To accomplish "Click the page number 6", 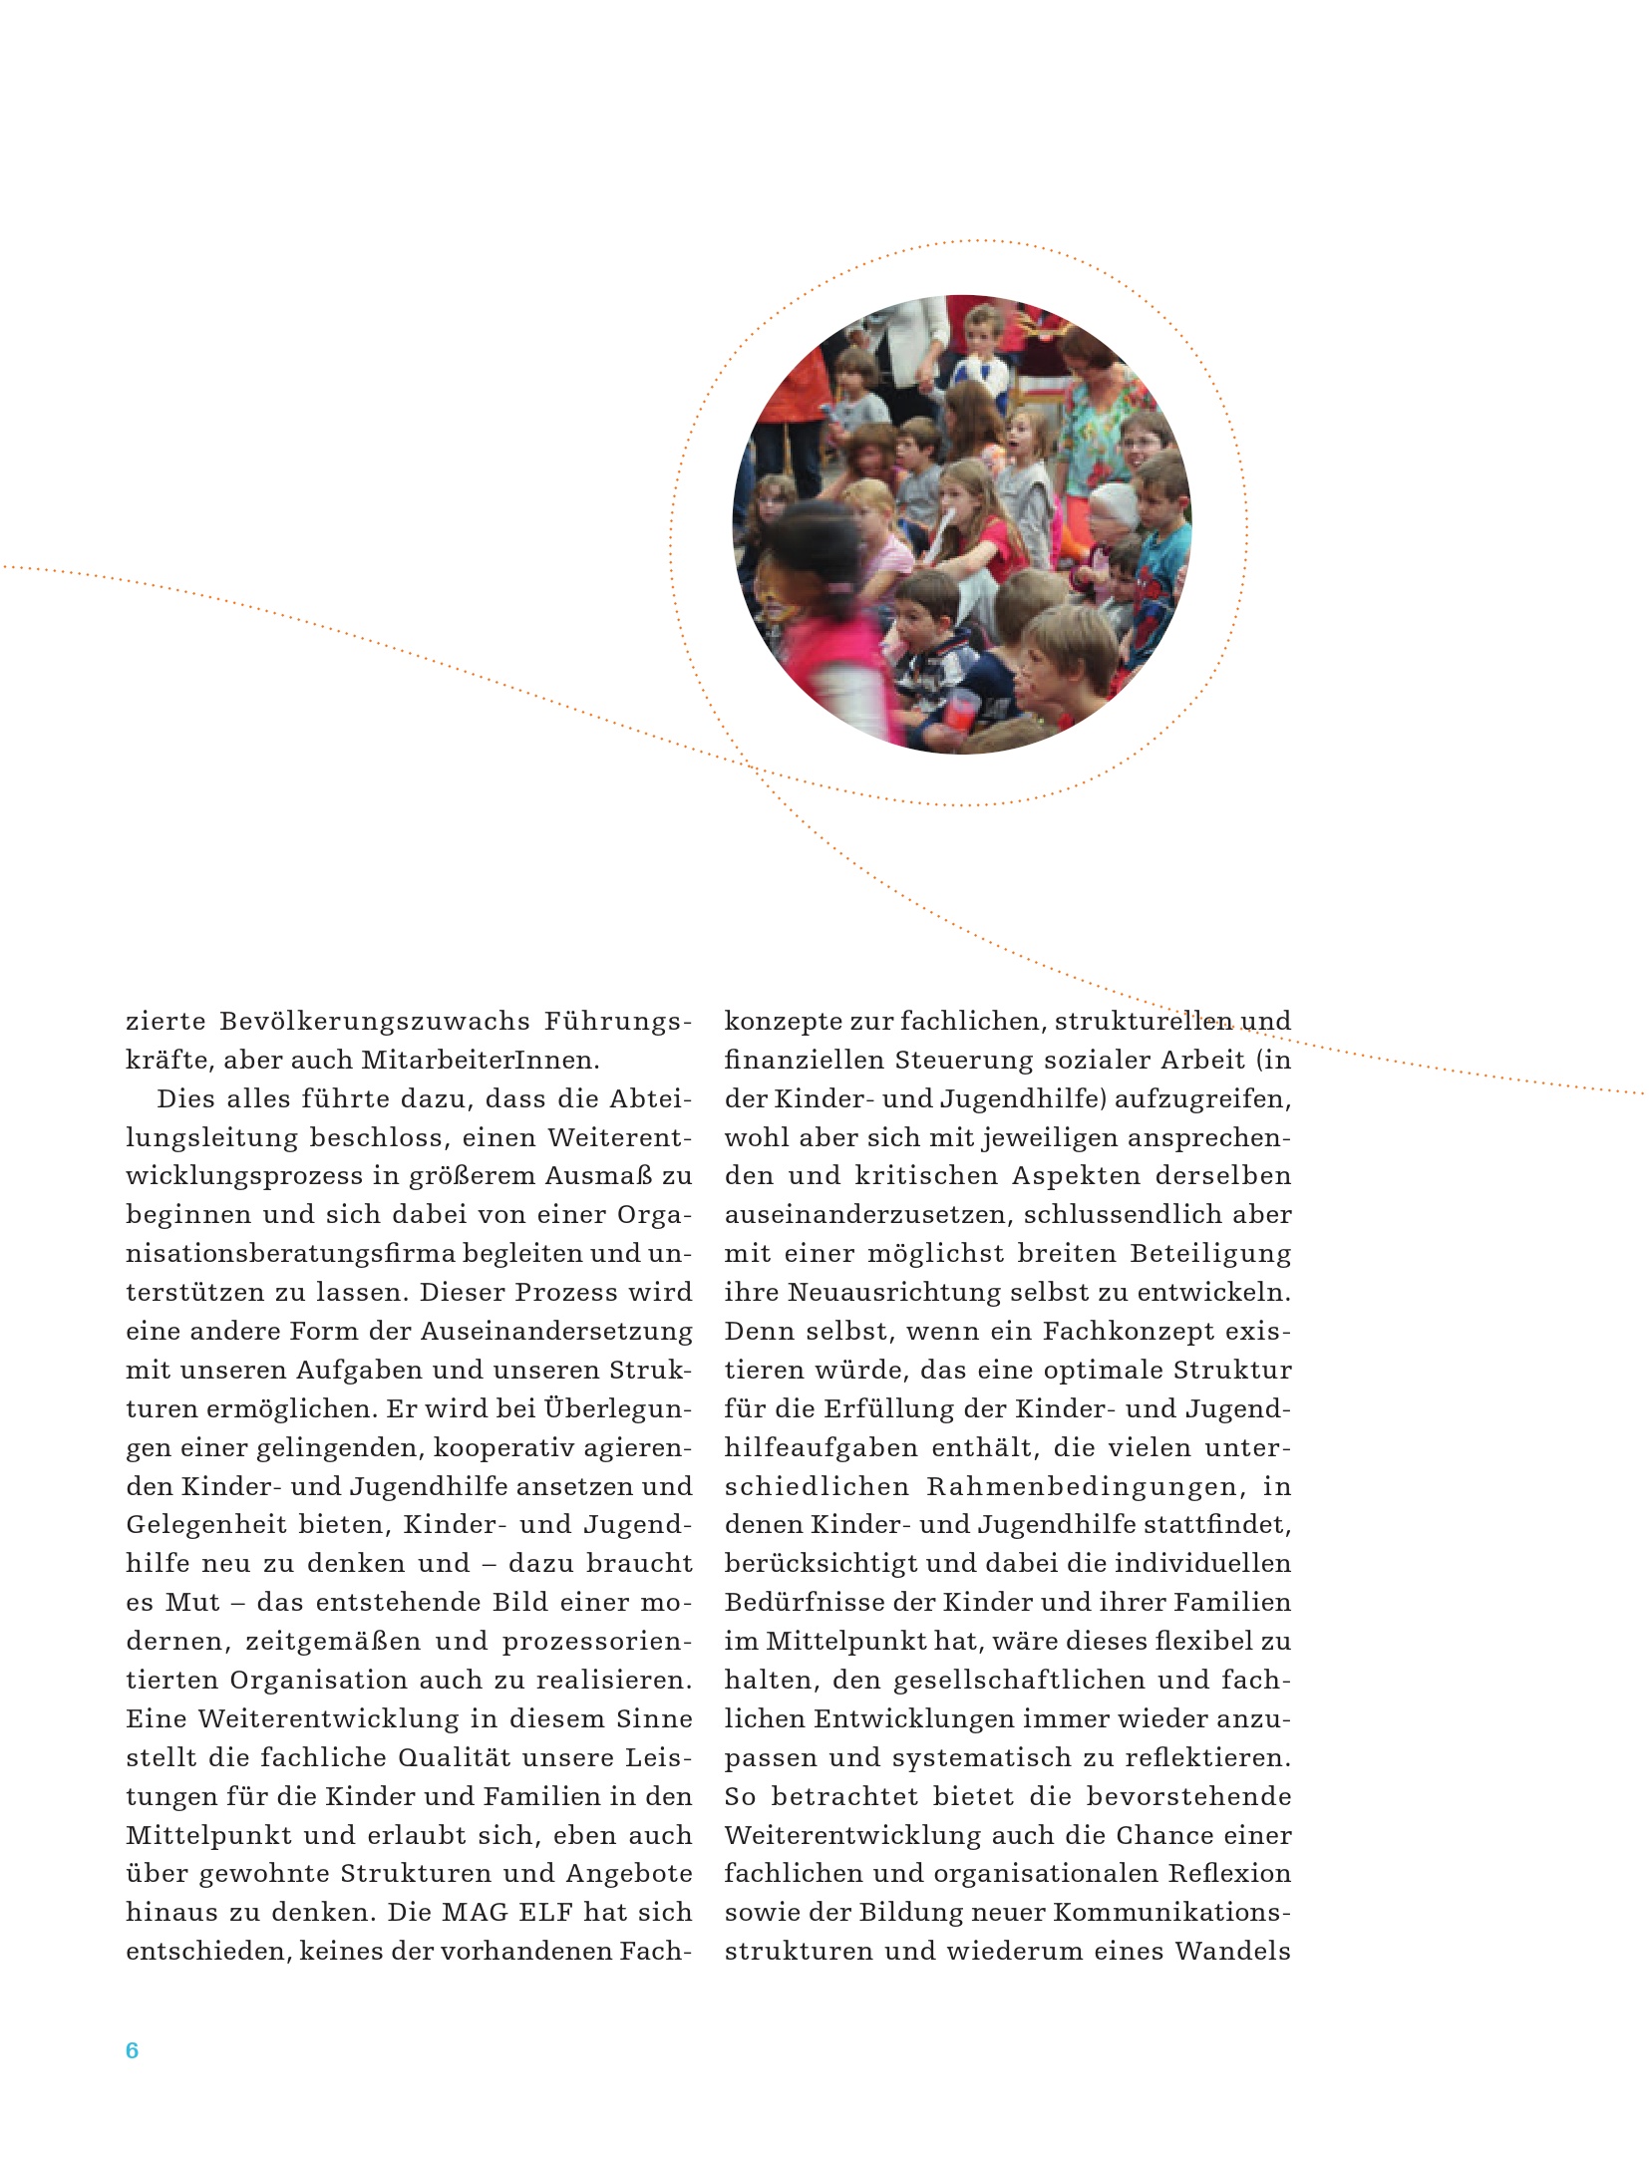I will pyautogui.click(x=132, y=2049).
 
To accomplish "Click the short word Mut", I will pyautogui.click(x=192, y=1602).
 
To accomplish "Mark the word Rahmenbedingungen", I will pyautogui.click(x=1084, y=1486).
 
